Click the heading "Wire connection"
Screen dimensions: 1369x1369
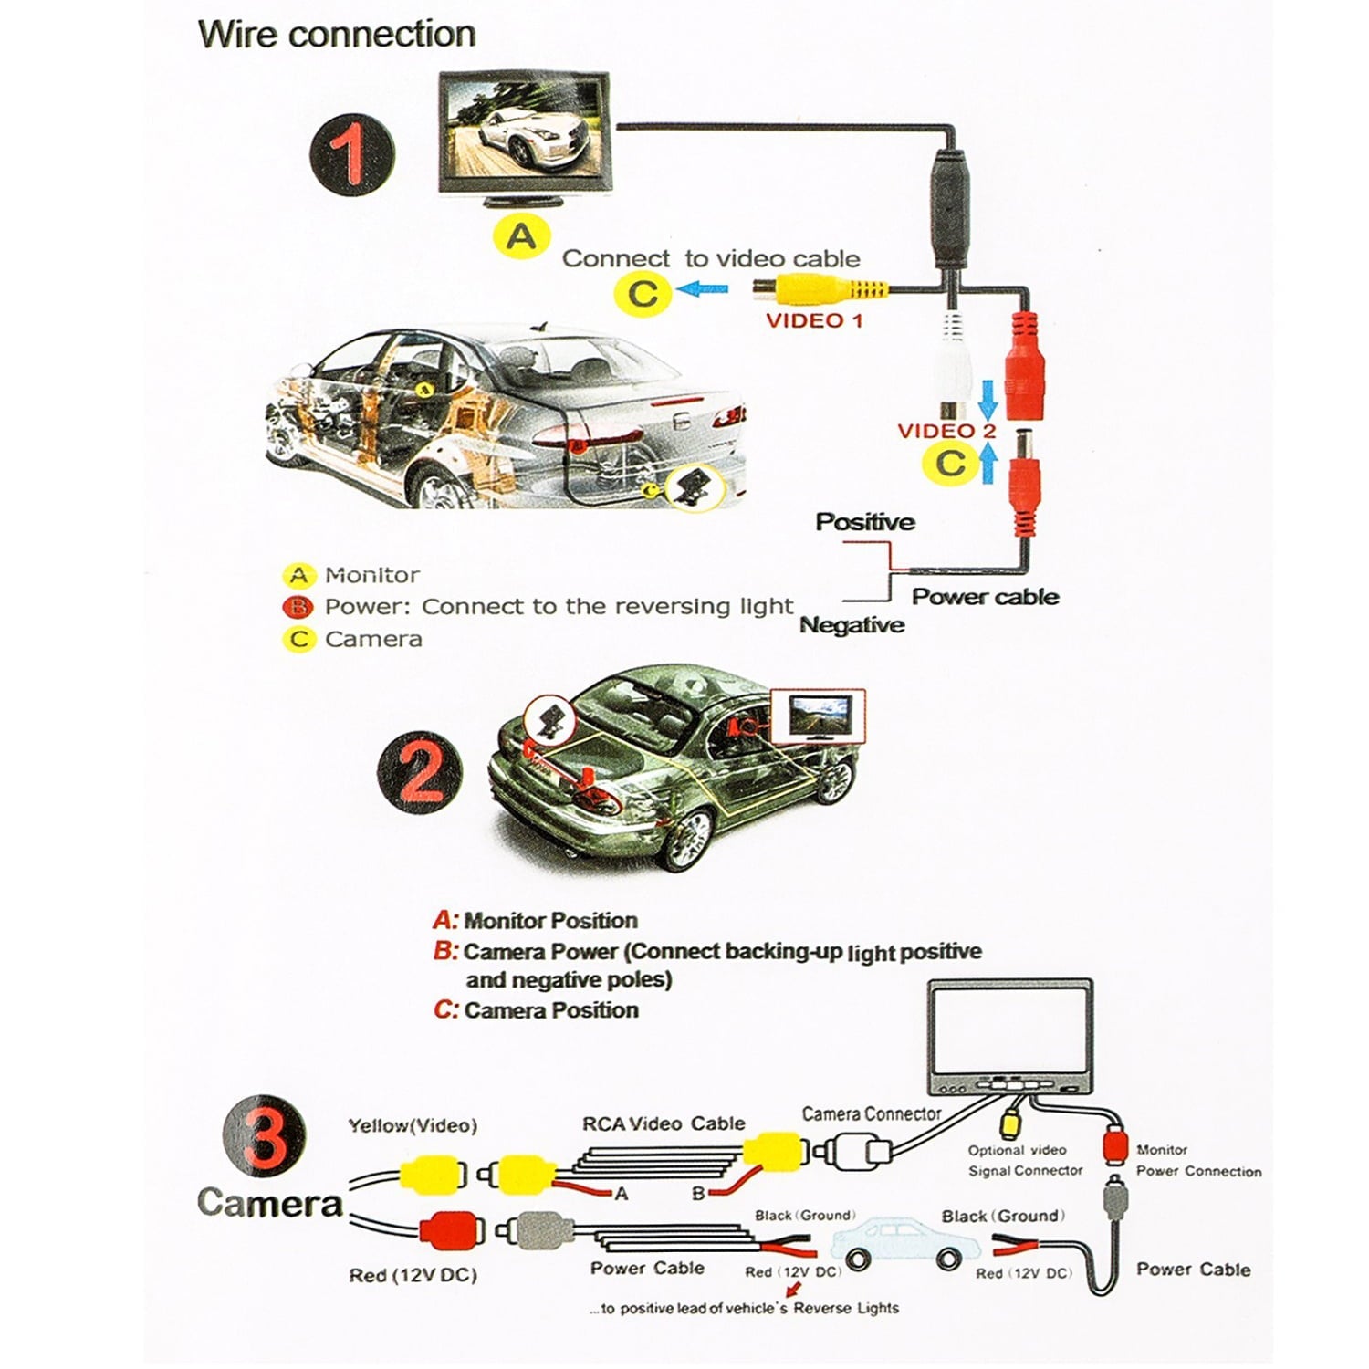pyautogui.click(x=337, y=35)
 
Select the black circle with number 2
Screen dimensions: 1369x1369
pyautogui.click(x=420, y=772)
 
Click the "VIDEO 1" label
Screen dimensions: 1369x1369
pyautogui.click(x=814, y=320)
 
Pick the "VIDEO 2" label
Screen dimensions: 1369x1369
pyautogui.click(x=946, y=431)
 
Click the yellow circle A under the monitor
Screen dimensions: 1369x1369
pyautogui.click(x=521, y=237)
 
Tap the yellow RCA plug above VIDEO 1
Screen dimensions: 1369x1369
pyautogui.click(x=820, y=289)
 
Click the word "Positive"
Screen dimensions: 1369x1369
pyautogui.click(x=865, y=522)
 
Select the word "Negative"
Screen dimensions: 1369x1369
pyautogui.click(x=852, y=625)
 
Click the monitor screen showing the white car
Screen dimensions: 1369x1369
pyautogui.click(x=524, y=134)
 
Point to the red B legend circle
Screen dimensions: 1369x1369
pyautogui.click(x=298, y=607)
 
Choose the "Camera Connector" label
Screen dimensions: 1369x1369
pyautogui.click(x=872, y=1114)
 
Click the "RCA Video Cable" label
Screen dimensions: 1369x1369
pyautogui.click(x=664, y=1123)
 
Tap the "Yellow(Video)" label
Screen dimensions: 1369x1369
pyautogui.click(x=413, y=1126)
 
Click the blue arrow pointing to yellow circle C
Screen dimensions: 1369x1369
pyautogui.click(x=705, y=290)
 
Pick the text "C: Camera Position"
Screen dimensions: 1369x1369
pyautogui.click(x=536, y=1010)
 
